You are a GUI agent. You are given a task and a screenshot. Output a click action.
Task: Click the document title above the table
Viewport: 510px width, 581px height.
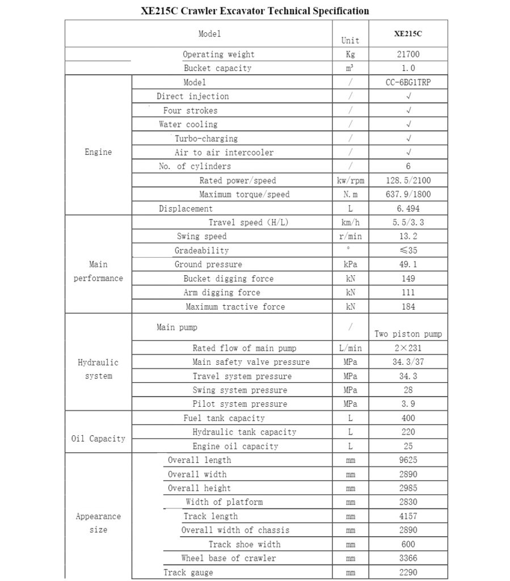click(255, 11)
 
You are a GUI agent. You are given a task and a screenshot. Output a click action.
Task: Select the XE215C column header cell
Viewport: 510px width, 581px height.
click(408, 33)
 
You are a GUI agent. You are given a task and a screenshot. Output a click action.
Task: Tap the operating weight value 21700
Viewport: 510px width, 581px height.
click(408, 54)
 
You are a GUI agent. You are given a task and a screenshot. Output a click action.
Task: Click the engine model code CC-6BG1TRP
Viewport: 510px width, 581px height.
click(408, 82)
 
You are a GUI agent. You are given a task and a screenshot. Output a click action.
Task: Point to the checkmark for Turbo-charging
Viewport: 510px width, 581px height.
click(408, 138)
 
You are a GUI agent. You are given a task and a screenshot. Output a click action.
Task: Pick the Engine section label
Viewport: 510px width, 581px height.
click(98, 152)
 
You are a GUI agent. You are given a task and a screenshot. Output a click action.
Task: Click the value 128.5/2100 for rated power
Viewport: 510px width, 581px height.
click(408, 180)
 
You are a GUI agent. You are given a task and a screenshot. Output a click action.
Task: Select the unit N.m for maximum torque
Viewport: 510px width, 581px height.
click(350, 195)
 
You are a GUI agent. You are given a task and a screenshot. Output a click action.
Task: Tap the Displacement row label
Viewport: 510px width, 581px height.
click(186, 209)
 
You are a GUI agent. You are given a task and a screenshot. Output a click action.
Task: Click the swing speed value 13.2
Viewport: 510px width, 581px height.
click(408, 237)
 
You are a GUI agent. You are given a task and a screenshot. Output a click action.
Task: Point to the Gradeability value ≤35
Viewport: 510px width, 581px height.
click(408, 250)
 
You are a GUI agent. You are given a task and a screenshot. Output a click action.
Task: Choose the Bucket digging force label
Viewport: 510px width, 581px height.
click(228, 279)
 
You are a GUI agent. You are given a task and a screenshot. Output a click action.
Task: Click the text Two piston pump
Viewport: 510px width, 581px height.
click(408, 334)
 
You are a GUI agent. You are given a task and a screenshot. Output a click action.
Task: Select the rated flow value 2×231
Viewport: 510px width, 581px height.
click(408, 348)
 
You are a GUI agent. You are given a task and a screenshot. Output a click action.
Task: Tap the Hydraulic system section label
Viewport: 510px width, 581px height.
click(98, 369)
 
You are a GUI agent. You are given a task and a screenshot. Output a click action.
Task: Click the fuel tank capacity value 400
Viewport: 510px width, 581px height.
click(408, 418)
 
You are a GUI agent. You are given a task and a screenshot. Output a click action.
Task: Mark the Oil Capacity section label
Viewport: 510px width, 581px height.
click(98, 439)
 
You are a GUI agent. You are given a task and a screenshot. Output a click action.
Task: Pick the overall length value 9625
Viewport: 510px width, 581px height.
click(408, 460)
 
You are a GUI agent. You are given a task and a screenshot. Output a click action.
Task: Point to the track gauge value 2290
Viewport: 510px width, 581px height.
click(408, 572)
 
